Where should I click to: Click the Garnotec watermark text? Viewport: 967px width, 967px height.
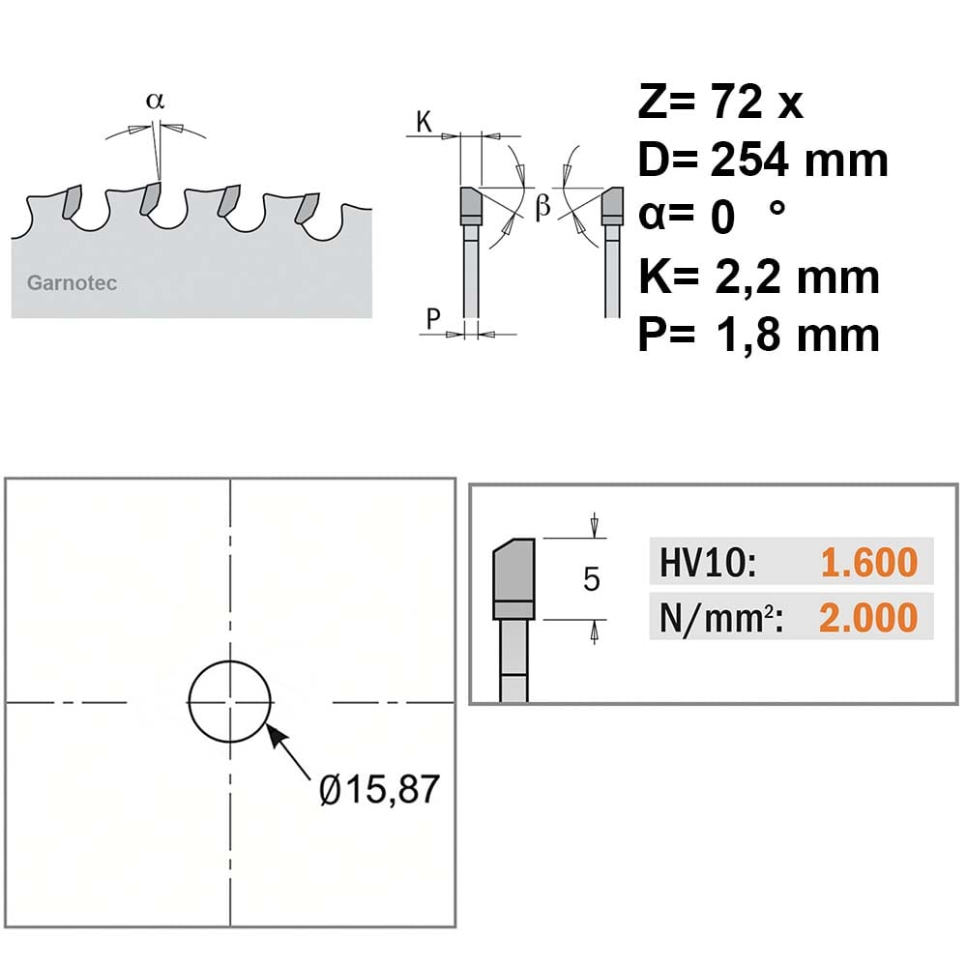click(72, 283)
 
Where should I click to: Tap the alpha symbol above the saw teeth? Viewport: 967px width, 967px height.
click(156, 100)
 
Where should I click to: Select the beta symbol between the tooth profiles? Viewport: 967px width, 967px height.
click(542, 206)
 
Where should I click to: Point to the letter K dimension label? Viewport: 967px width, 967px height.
click(424, 122)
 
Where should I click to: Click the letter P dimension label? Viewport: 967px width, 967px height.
click(433, 319)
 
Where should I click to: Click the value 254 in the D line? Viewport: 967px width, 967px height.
click(749, 160)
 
